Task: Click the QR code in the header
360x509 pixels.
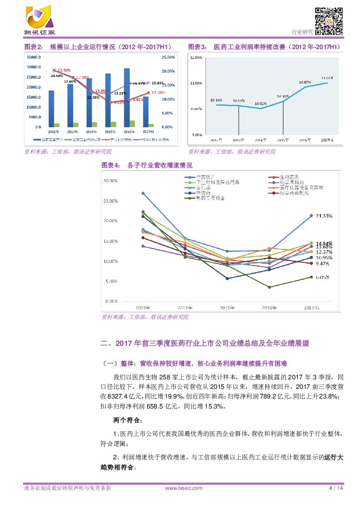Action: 328,21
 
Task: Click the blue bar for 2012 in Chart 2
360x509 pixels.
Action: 51,108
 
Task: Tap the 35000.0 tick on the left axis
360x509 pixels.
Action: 34,57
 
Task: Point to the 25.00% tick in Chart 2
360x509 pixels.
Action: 168,57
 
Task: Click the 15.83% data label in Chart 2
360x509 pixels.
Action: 158,83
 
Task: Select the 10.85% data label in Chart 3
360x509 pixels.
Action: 305,82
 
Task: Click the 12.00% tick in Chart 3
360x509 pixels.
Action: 197,57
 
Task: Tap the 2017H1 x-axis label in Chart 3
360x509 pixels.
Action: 327,140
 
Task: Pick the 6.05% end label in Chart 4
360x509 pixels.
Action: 323,277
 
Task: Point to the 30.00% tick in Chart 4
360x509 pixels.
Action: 111,181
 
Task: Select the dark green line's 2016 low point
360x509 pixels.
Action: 269,287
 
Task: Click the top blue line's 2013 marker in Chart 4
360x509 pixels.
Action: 143,193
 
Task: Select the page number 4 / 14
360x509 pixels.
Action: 336,488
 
